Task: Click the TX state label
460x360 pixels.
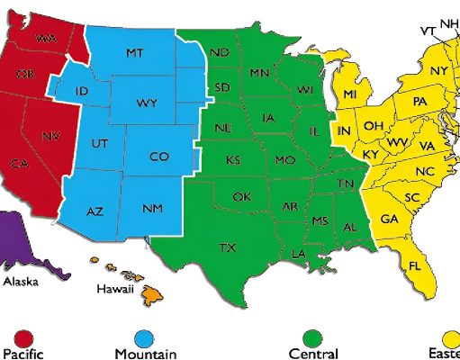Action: click(228, 247)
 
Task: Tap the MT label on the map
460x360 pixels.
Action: click(134, 54)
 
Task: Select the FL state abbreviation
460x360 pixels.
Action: click(415, 266)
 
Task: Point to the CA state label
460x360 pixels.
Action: click(19, 164)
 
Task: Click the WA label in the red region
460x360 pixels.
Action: click(43, 38)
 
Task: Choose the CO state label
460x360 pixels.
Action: click(158, 157)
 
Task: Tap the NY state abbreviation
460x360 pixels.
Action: click(439, 71)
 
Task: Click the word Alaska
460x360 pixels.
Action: click(21, 281)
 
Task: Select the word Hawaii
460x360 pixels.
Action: click(115, 289)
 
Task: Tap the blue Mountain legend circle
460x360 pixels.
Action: click(142, 338)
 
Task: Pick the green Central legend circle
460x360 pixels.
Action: click(312, 338)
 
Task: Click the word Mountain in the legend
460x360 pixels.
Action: click(146, 355)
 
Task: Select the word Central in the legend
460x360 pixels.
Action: click(313, 355)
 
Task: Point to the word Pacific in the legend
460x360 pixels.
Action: click(23, 355)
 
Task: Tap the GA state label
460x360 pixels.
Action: click(390, 220)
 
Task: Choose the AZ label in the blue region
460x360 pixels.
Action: click(95, 212)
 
